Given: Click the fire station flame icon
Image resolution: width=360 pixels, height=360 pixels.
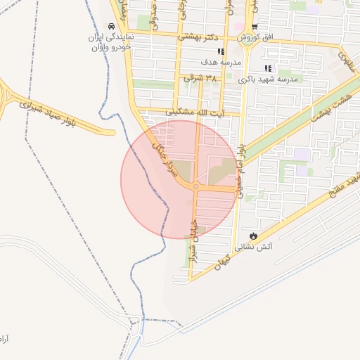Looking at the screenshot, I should [252, 236].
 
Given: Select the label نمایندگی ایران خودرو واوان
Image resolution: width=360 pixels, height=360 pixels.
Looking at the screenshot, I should [107, 42].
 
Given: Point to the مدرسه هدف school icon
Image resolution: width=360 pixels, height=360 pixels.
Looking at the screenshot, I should [221, 51].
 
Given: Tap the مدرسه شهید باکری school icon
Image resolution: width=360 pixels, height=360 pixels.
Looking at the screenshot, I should [267, 68].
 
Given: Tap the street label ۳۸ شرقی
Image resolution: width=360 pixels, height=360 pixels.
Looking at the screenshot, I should [200, 77].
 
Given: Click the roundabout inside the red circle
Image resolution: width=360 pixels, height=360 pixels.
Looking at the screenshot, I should [196, 186].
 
